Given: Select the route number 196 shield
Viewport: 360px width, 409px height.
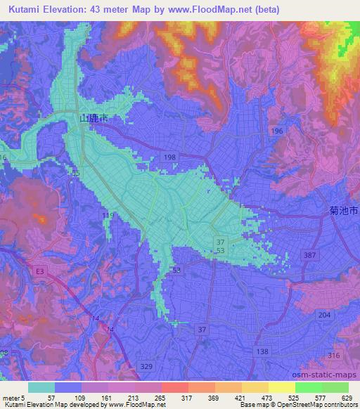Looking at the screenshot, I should point(278,131).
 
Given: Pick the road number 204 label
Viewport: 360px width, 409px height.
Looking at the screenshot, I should point(323,316).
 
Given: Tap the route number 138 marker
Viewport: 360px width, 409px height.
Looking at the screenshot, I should point(262,351).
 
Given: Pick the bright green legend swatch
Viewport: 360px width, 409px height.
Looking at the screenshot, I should point(309,387).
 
